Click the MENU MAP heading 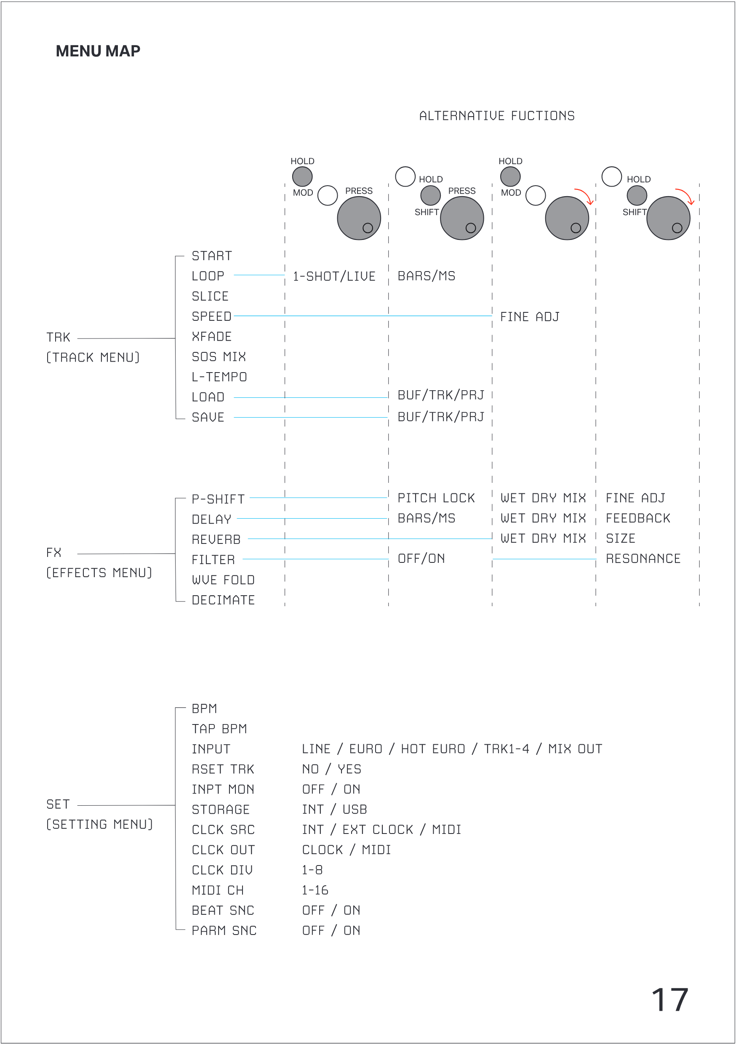[98, 51]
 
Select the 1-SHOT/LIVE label [334, 277]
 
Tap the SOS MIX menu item [219, 357]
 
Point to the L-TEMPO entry [219, 377]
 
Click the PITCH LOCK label [436, 498]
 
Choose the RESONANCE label [643, 559]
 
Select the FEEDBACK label [638, 518]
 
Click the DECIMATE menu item [223, 600]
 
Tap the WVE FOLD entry [223, 580]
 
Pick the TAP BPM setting [219, 729]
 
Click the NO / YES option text [331, 770]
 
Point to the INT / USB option [334, 810]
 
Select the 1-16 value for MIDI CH [315, 890]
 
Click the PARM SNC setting [224, 931]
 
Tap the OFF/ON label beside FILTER [421, 559]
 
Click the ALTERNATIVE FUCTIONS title [497, 116]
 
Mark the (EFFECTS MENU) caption [99, 573]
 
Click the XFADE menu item [211, 337]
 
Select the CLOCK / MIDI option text [346, 850]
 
